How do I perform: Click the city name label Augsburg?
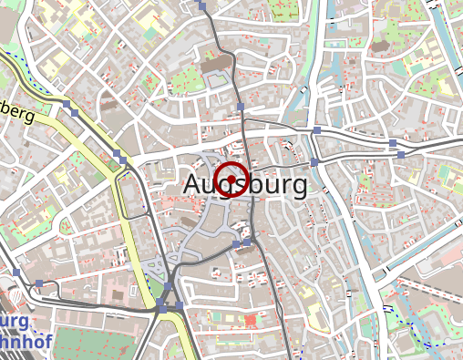point(244,182)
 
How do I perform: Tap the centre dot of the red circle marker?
point(231,179)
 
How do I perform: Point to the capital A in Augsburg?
point(191,182)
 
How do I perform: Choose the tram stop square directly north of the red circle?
point(241,108)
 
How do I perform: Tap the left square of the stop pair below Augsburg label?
point(236,244)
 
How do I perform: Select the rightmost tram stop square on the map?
point(400,155)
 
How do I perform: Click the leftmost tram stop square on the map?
point(16,273)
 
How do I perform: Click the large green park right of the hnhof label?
point(100,342)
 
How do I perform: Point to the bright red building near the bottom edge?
point(251,321)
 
